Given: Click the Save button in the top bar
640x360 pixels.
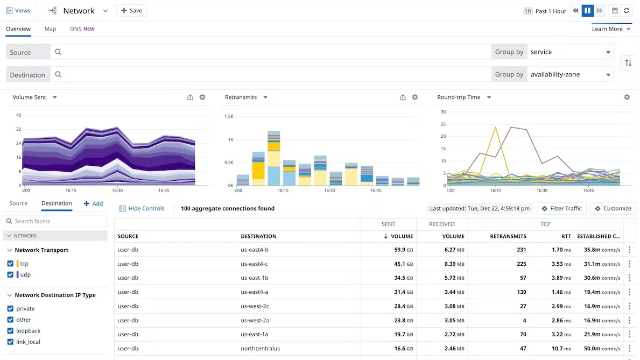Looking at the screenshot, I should pos(131,11).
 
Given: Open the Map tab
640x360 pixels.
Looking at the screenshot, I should pos(50,29).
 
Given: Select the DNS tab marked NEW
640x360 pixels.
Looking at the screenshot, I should pos(82,29).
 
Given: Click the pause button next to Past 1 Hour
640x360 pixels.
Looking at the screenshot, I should pos(587,11).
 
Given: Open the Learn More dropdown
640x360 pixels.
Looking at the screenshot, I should pos(611,29).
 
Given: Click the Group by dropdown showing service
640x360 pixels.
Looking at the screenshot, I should pos(570,52).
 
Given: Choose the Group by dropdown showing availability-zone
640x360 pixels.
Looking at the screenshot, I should pos(570,75).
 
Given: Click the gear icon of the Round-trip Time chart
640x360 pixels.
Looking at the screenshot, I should pos(627,97).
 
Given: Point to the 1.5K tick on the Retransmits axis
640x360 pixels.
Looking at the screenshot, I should pos(229,116).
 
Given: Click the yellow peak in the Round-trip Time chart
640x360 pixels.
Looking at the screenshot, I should pos(495,128).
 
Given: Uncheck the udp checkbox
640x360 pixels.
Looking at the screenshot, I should pos(10,274).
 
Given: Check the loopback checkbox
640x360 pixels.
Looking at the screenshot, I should pos(10,331).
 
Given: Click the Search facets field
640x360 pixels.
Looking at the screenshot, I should pos(55,221).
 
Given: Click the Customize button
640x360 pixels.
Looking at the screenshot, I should pos(613,209).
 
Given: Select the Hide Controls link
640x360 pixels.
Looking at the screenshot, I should pos(142,209).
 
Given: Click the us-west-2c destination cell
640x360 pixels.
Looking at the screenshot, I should pos(255,306).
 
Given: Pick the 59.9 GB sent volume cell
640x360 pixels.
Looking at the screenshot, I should pos(399,250).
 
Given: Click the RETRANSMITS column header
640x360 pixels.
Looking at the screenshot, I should pos(508,236).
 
